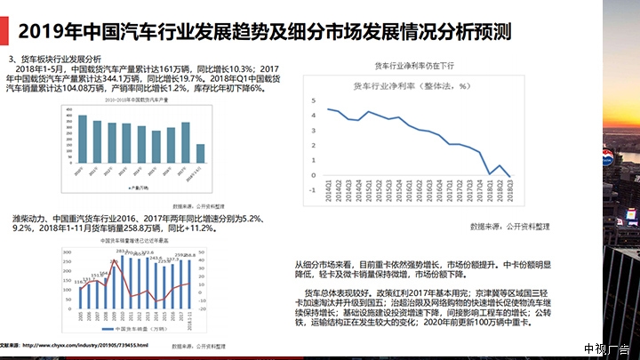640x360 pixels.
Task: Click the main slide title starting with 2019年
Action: [x=266, y=32]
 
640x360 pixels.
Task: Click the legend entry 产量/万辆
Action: [x=140, y=188]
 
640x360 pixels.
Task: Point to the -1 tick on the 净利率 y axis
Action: [x=314, y=188]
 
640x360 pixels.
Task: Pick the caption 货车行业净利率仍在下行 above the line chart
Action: [x=414, y=65]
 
